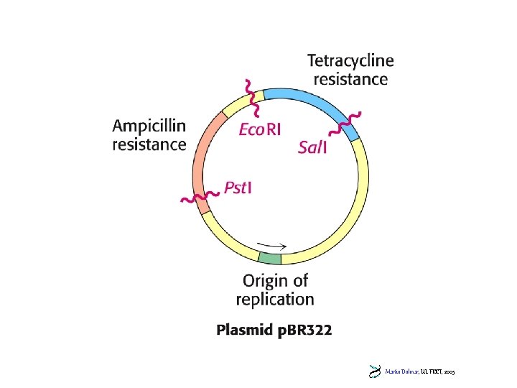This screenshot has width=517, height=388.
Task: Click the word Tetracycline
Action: coord(350,62)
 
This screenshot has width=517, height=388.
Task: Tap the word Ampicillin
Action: coord(149,126)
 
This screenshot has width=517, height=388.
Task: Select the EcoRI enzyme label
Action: coord(259,130)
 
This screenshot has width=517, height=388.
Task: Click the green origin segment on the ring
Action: coord(270,257)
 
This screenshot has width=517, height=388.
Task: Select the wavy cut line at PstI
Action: coord(198,196)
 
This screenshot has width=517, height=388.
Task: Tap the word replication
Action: coord(275,299)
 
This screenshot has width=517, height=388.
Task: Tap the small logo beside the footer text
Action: coord(374,371)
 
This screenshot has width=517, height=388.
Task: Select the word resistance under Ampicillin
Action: coord(149,144)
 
